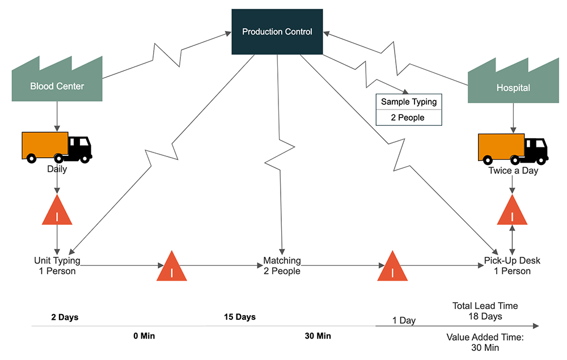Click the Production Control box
click(x=277, y=32)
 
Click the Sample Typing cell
click(x=408, y=102)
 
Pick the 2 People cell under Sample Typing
click(x=408, y=118)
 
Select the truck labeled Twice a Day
click(x=513, y=149)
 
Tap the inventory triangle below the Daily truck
click(x=57, y=212)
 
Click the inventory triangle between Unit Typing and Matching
click(x=171, y=266)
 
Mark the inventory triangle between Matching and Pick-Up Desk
click(x=392, y=266)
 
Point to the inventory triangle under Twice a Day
click(x=513, y=212)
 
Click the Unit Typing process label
click(x=57, y=266)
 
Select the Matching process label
click(x=282, y=266)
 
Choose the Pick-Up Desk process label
click(x=512, y=266)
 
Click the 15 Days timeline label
click(x=239, y=317)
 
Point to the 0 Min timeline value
click(x=144, y=336)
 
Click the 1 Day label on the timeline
click(x=404, y=320)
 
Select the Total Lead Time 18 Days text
click(x=485, y=311)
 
